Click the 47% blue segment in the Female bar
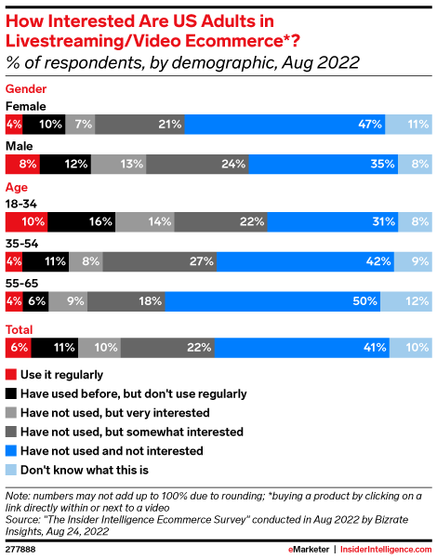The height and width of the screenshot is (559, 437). pos(285,123)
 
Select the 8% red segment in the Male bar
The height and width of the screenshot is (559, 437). pos(20,164)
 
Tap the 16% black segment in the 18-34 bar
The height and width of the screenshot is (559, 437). pos(83,221)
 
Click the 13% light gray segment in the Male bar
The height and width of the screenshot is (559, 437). pos(118,164)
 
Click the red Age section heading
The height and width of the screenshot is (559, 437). pos(17,186)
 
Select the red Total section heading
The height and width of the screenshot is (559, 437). pos(20,328)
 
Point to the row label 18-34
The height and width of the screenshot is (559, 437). pos(22,204)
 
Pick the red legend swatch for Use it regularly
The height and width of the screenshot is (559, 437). pos(11,374)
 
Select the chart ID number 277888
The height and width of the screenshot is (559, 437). pos(22,549)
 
